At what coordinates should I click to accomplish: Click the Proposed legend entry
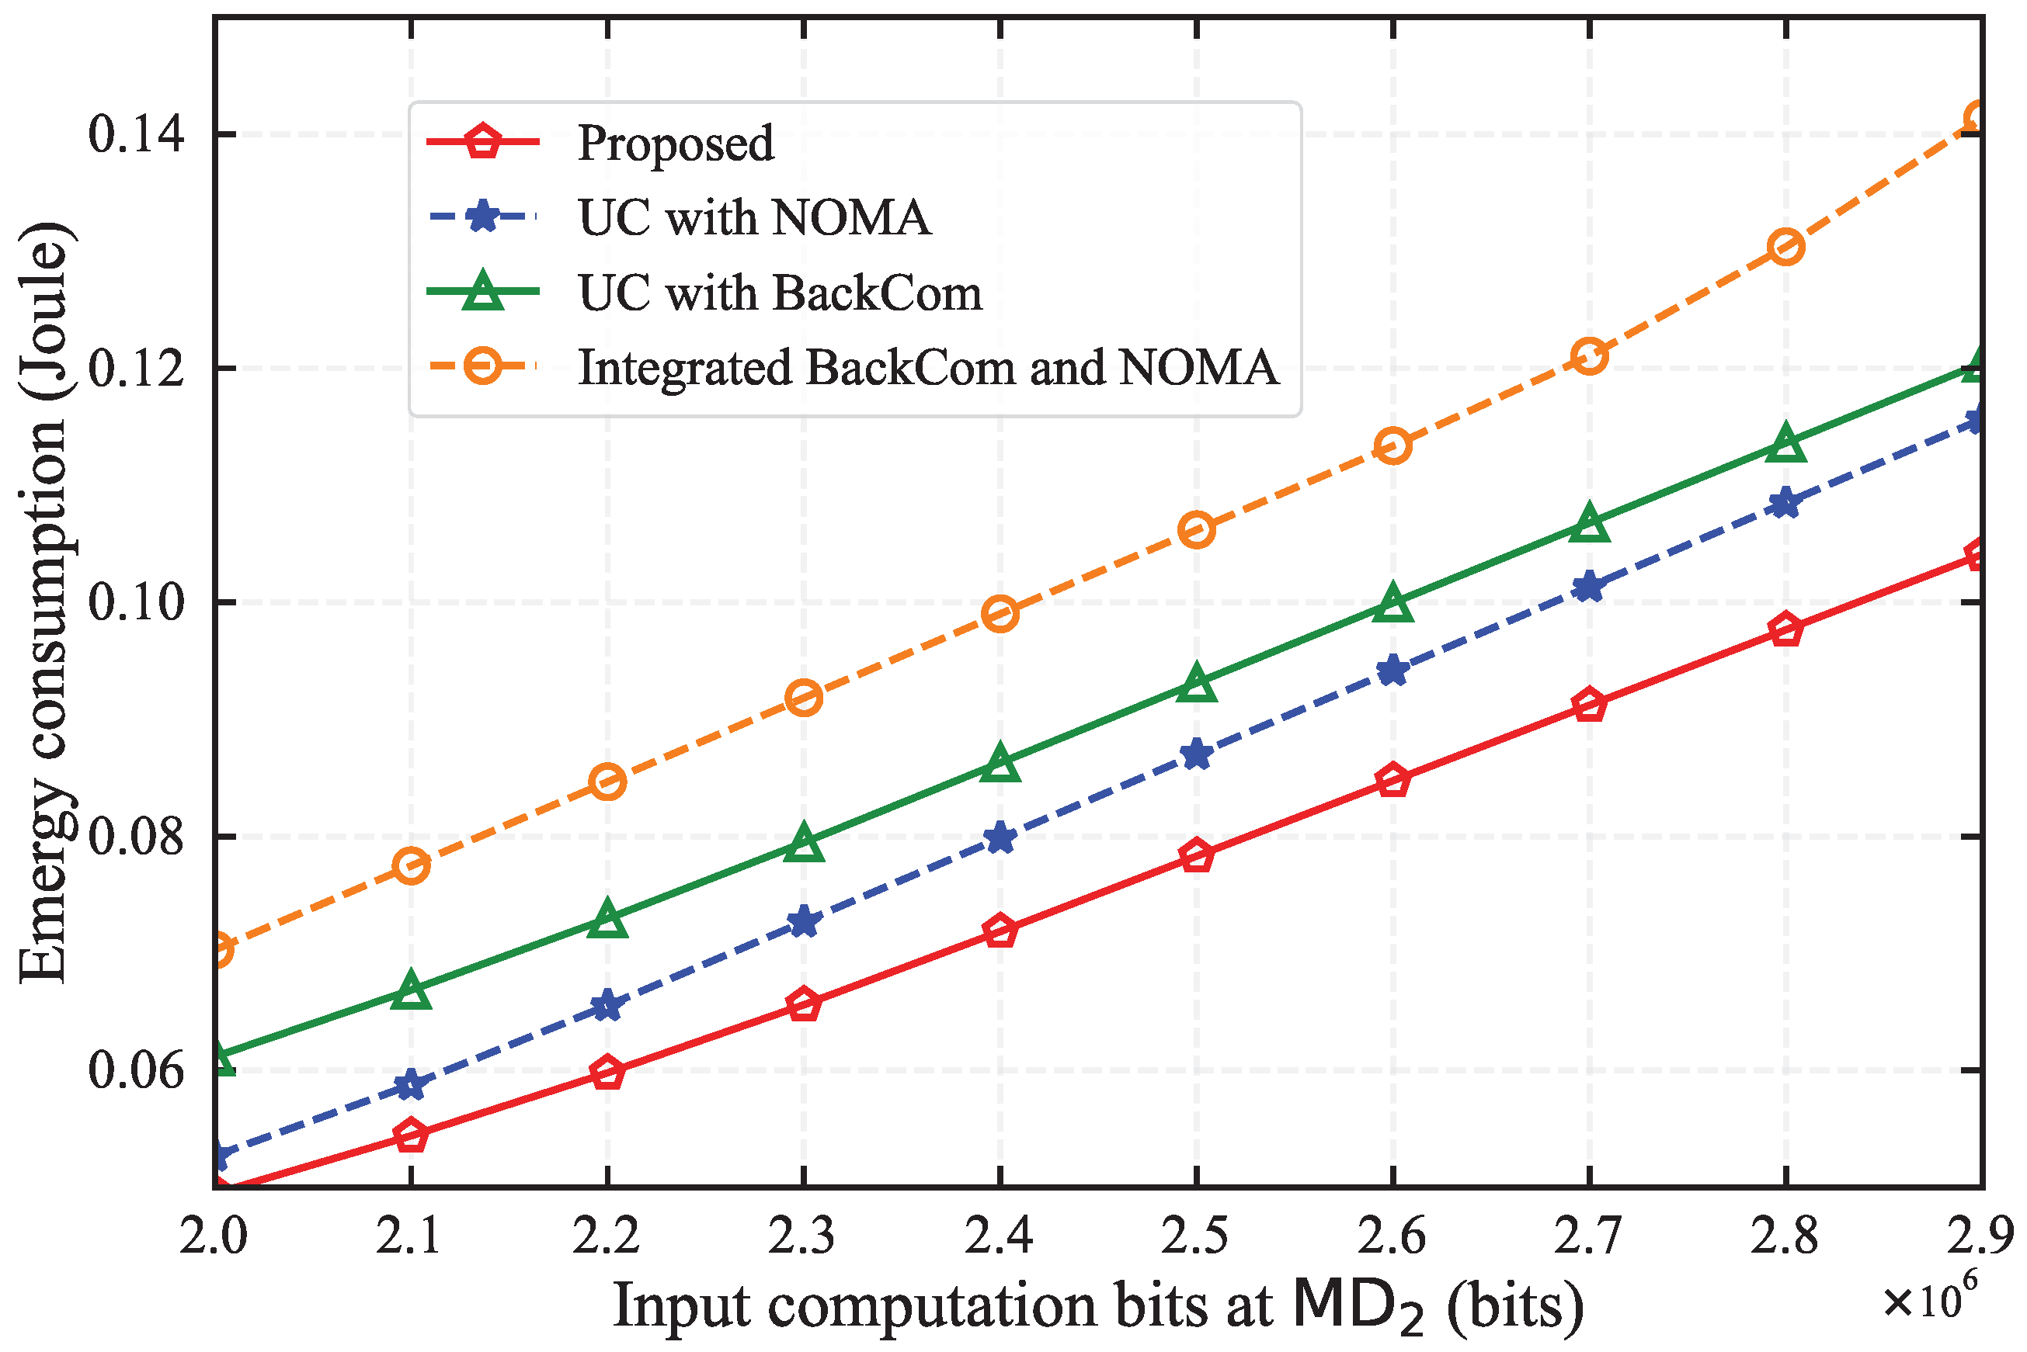[676, 142]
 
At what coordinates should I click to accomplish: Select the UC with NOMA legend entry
[754, 217]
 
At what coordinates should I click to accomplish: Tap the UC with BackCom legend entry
[780, 293]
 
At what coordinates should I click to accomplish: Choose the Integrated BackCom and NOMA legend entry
[927, 368]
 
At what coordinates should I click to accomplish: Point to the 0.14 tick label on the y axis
[136, 135]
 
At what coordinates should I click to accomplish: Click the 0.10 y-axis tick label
[136, 601]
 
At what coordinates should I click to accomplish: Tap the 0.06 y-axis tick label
[136, 1070]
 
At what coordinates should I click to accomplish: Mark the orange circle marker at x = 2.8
[1785, 248]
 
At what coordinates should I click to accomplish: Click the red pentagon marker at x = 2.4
[1000, 932]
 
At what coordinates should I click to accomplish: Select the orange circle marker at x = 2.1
[412, 865]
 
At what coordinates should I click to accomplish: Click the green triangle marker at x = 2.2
[608, 919]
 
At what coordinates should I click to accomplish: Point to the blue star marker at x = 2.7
[1589, 588]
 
